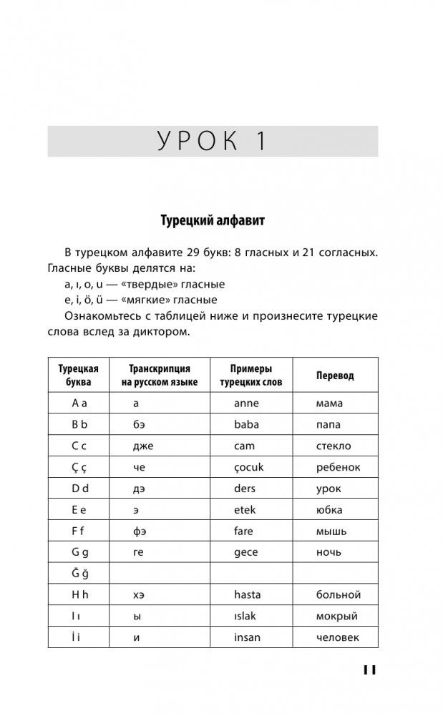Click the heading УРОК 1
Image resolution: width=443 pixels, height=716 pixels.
click(212, 142)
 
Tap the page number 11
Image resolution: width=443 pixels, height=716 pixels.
click(369, 670)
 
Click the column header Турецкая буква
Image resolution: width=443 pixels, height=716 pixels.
click(78, 376)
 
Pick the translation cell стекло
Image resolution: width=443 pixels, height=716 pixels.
click(334, 446)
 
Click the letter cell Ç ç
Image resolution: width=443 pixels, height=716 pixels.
click(79, 467)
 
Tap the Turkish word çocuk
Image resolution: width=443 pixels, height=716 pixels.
click(249, 467)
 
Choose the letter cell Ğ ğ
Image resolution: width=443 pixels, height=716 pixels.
click(79, 573)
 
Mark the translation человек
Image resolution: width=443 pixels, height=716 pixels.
click(337, 637)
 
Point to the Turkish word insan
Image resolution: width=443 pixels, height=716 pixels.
click(247, 637)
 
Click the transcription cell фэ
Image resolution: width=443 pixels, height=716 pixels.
click(140, 531)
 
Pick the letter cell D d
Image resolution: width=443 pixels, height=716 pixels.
click(79, 489)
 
